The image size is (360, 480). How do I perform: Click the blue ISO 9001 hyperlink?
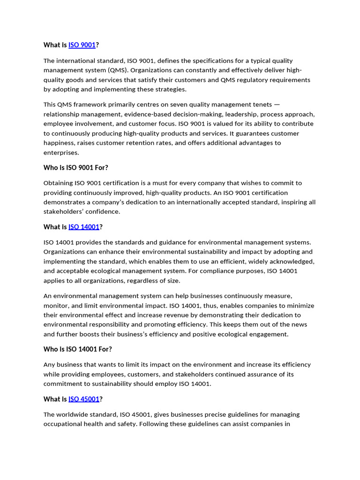(82, 45)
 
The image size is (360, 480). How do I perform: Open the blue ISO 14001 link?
(84, 227)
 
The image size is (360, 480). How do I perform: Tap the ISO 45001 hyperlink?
(84, 399)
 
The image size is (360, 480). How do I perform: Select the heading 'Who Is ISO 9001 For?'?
(75, 167)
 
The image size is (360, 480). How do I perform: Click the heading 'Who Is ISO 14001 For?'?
(78, 349)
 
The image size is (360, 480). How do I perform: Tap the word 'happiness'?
(59, 143)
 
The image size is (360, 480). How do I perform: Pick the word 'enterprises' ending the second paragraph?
(61, 153)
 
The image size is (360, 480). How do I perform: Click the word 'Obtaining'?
(58, 183)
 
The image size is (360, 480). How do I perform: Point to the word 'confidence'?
(104, 212)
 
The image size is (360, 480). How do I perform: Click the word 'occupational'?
(63, 424)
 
